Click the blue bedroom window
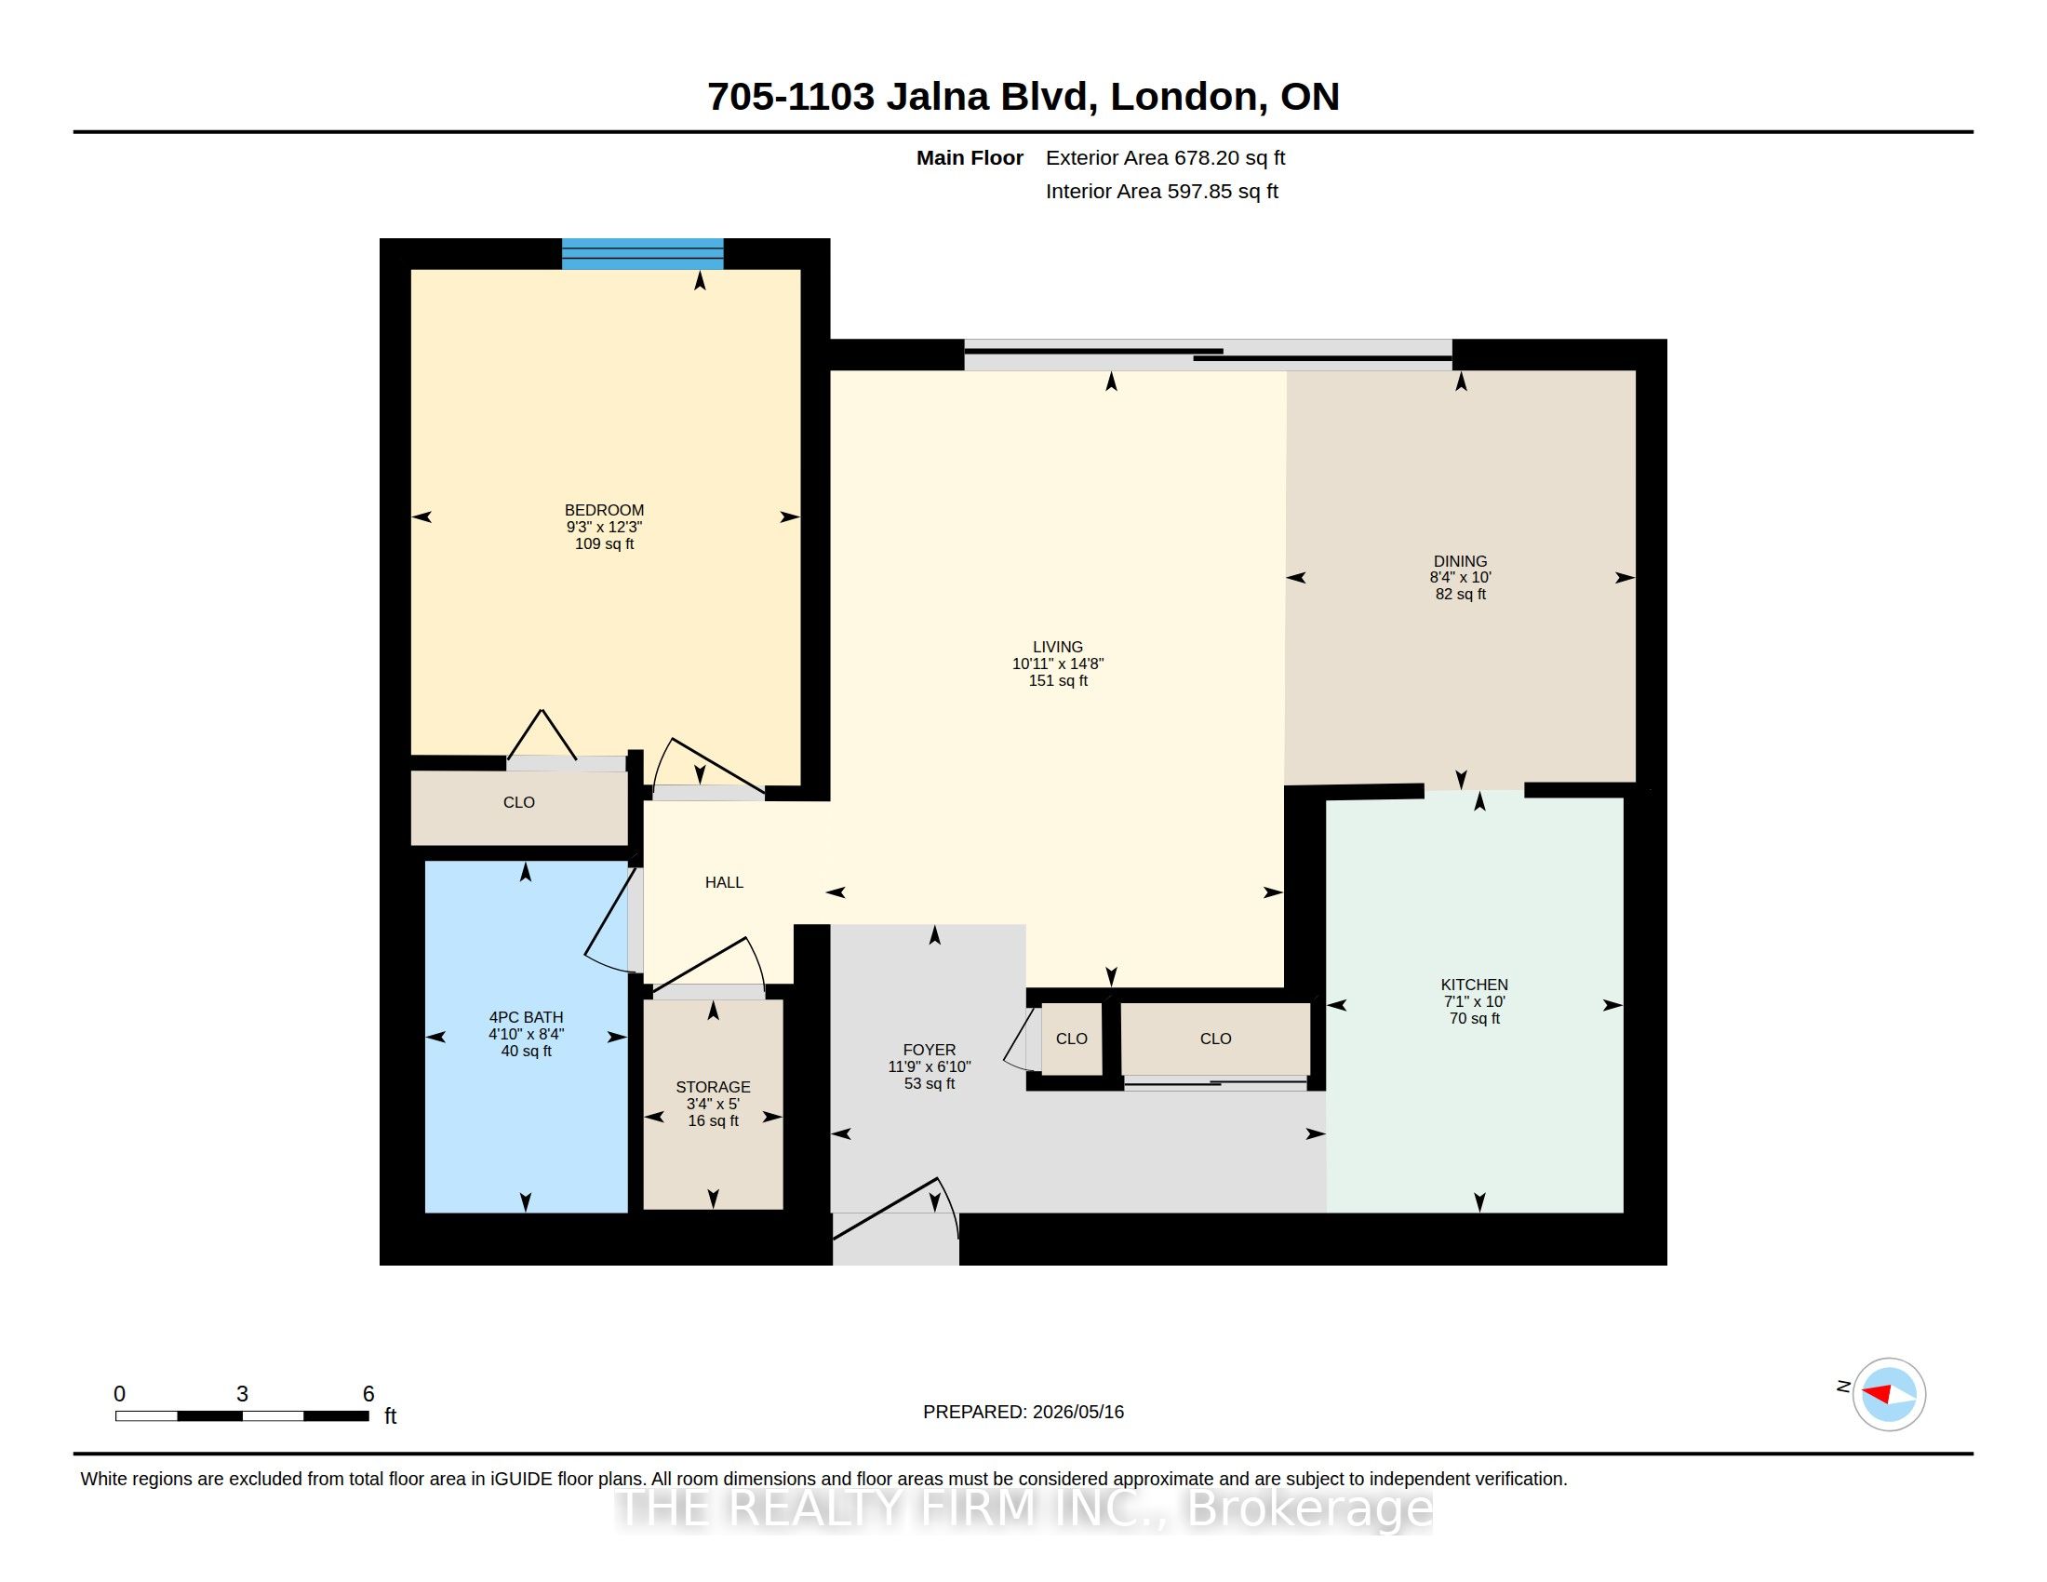(x=642, y=254)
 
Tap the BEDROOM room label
(x=604, y=510)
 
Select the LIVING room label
(x=1057, y=647)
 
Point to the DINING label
(x=1460, y=561)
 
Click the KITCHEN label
(x=1475, y=984)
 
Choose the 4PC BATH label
(x=526, y=1017)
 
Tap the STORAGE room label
(x=714, y=1087)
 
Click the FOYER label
(x=930, y=1050)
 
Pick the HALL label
(x=724, y=882)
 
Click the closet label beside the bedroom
(x=518, y=802)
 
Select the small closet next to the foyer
(x=1071, y=1039)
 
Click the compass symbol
(x=1889, y=1394)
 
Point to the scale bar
(x=242, y=1415)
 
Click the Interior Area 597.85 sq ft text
(x=1161, y=191)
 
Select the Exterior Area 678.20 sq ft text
(x=1165, y=157)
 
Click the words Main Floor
(x=970, y=157)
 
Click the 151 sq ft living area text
(x=1058, y=680)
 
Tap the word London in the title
(x=1184, y=98)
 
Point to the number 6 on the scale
(x=368, y=1394)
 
